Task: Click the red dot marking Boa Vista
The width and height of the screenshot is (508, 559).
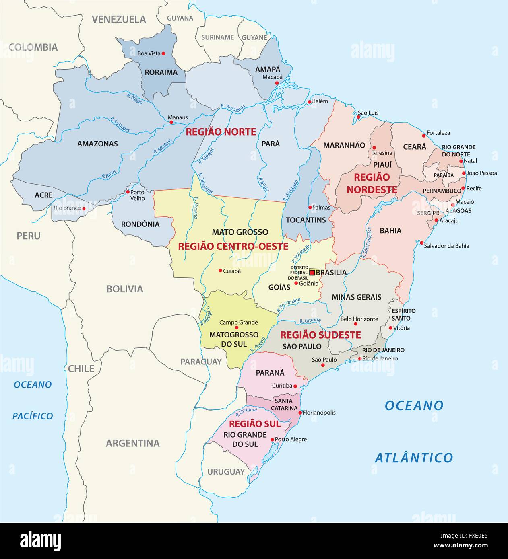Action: [x=163, y=53]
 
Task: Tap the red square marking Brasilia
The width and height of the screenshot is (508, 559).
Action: [x=312, y=273]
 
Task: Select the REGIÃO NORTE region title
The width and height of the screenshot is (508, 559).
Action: [x=221, y=132]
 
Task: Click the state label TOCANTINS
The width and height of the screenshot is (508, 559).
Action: [x=306, y=220]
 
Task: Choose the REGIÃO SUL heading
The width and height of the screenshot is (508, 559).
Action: [x=254, y=424]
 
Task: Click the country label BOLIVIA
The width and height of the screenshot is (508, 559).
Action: [x=124, y=289]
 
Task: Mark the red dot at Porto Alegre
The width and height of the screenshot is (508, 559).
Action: [x=273, y=440]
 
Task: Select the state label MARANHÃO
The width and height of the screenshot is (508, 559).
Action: [x=344, y=145]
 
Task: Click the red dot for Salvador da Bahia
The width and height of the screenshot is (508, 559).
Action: [x=421, y=243]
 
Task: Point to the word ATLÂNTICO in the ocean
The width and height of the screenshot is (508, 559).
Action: [x=414, y=458]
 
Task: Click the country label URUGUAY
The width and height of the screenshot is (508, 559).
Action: [x=226, y=472]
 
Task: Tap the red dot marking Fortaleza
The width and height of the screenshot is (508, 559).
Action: [x=423, y=136]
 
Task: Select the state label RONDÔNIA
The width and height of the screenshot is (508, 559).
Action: [x=140, y=224]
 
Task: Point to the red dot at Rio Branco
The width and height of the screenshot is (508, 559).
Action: [x=84, y=208]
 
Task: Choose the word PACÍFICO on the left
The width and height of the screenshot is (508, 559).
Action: [x=33, y=416]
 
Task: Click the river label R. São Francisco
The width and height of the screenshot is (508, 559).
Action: [x=366, y=242]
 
